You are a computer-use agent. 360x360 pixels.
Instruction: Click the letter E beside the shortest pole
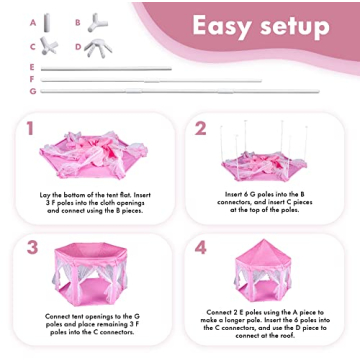tap(32, 66)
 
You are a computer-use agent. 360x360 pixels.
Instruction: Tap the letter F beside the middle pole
tap(32, 78)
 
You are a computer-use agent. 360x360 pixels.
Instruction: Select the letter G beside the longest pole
tap(32, 91)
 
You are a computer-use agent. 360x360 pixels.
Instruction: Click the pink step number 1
tap(30, 129)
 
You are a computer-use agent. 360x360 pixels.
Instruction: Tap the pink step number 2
tap(200, 129)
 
